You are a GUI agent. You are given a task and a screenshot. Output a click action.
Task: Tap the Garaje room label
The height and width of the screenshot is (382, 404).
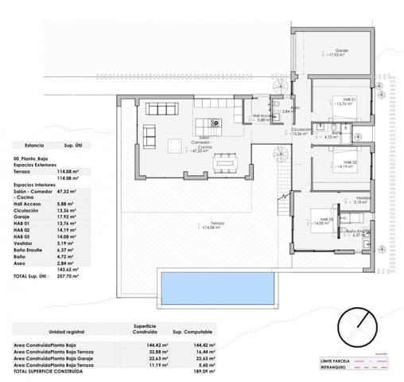coord(342,50)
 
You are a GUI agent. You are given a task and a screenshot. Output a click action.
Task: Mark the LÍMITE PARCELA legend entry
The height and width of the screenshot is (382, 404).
coord(336,361)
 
